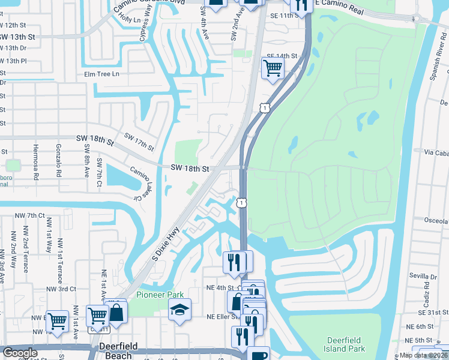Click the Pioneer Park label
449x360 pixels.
[x=160, y=295]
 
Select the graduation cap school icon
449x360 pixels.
[x=180, y=310]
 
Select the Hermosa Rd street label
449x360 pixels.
[x=35, y=162]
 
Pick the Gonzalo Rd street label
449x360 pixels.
[x=61, y=162]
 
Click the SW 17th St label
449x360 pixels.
[x=139, y=142]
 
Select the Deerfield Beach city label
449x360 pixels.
[x=114, y=351]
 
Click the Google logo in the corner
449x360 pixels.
[x=20, y=353]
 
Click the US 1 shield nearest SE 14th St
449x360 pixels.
[x=264, y=107]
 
